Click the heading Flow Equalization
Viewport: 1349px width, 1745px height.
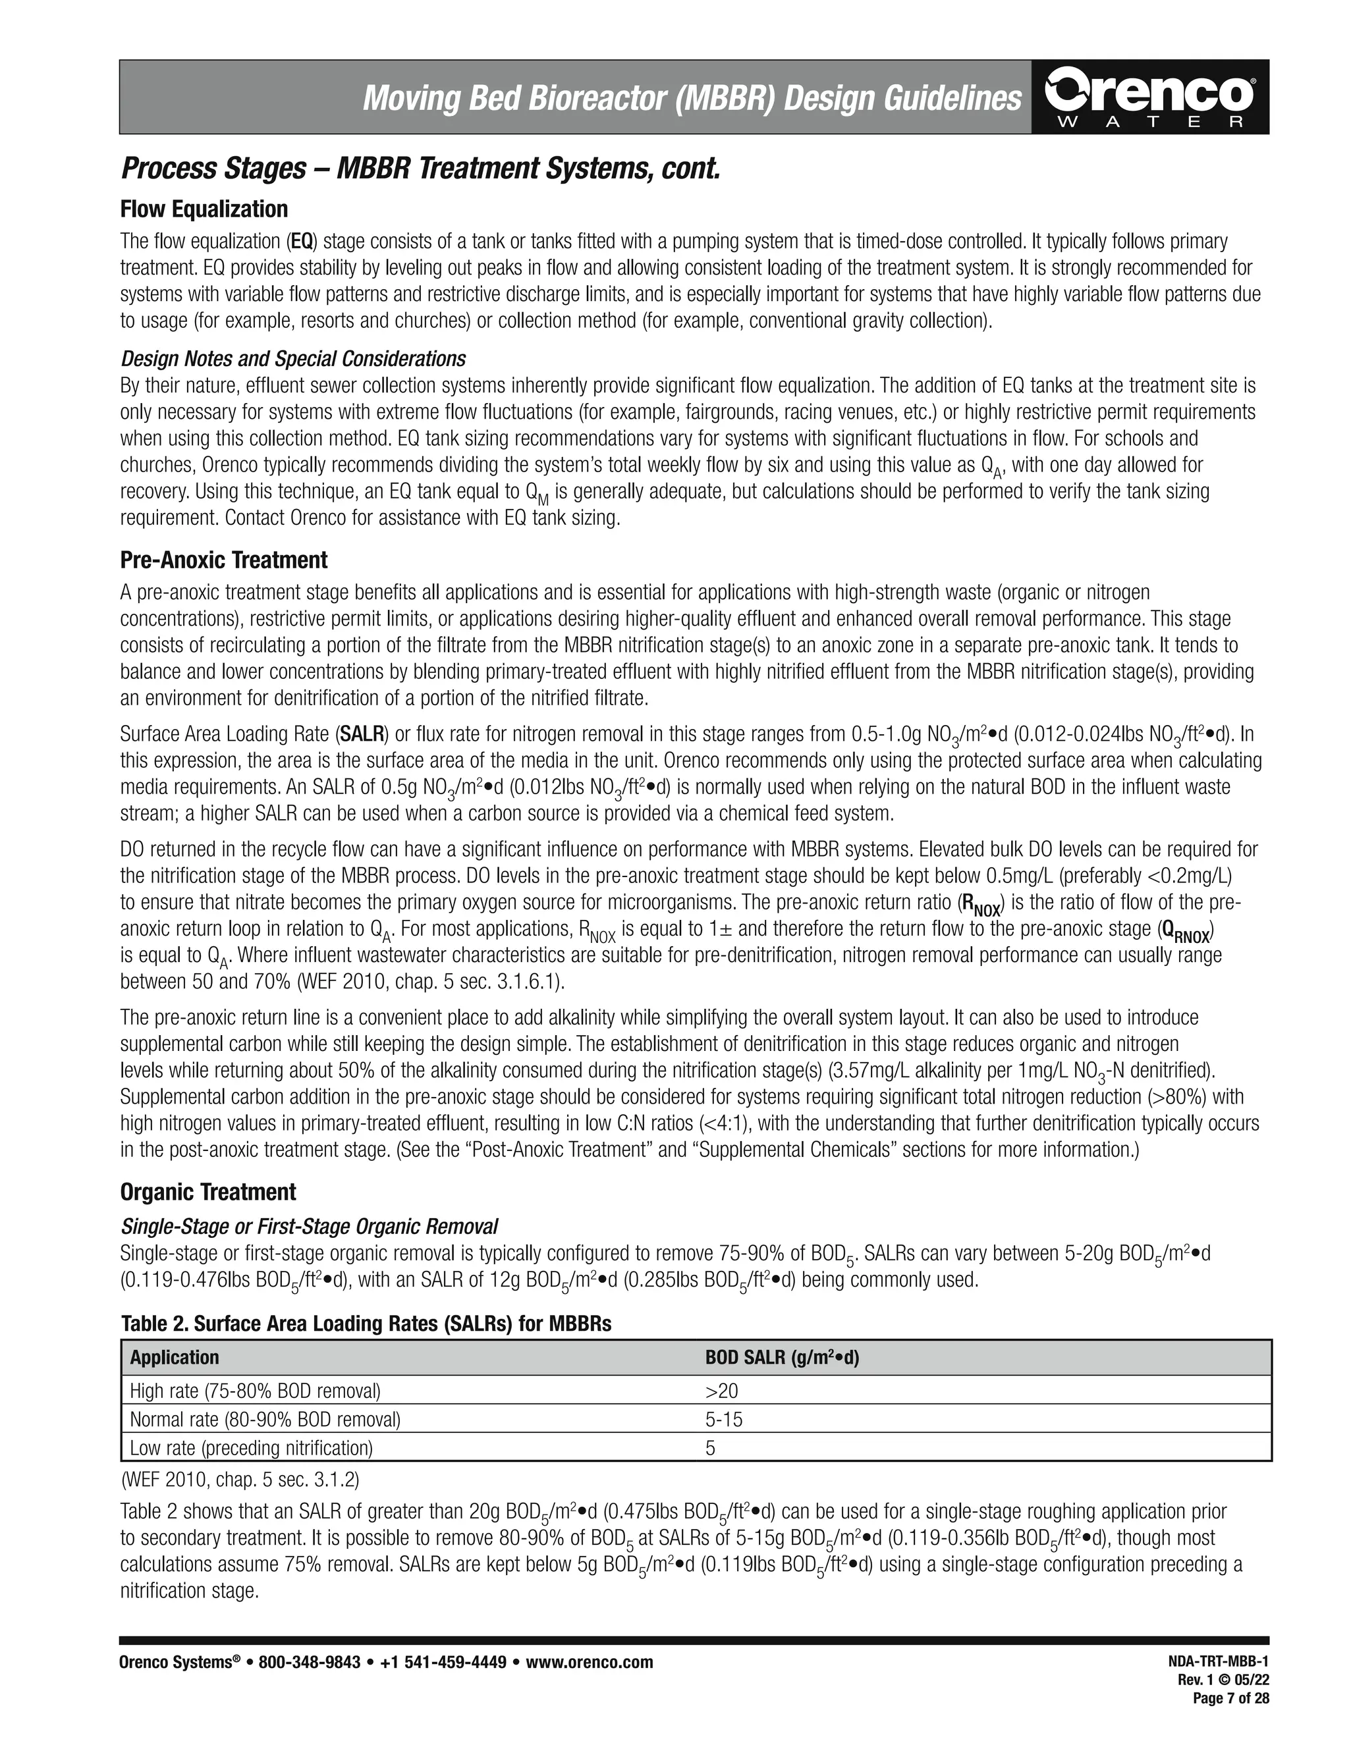point(204,209)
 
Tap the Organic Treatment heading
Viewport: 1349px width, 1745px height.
point(207,1191)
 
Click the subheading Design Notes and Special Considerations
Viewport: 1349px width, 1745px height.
point(292,358)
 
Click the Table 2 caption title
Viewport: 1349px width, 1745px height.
point(365,1324)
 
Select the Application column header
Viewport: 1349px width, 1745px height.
point(174,1358)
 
